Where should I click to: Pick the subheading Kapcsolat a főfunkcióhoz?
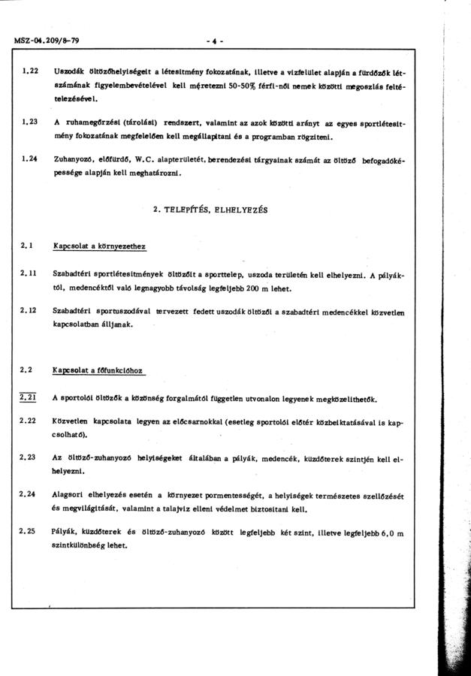pos(98,370)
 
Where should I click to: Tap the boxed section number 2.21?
pos(29,397)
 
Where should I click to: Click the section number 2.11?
pos(29,274)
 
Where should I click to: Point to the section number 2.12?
pos(29,311)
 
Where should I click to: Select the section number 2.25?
pos(29,531)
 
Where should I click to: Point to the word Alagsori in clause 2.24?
pos(68,495)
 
